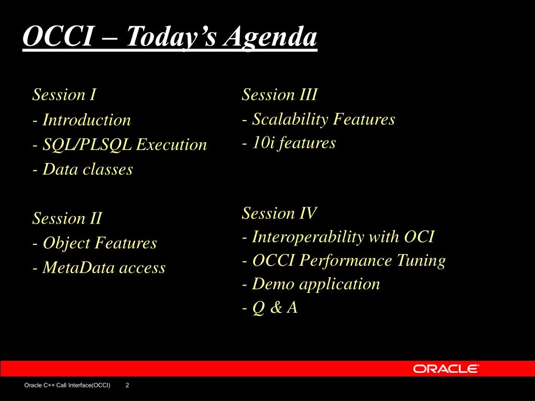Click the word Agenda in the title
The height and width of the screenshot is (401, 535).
pyautogui.click(x=270, y=38)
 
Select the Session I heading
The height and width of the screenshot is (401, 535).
pyautogui.click(x=64, y=95)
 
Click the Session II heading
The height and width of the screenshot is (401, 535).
pyautogui.click(x=67, y=218)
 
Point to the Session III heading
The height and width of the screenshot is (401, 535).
pyautogui.click(x=280, y=95)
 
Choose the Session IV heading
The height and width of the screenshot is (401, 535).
pyautogui.click(x=279, y=213)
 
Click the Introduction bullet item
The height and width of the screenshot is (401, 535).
pyautogui.click(x=82, y=120)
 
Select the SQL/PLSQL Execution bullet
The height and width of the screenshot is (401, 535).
pyautogui.click(x=120, y=145)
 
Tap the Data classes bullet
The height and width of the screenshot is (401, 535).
pyautogui.click(x=83, y=169)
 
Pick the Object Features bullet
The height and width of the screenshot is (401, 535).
pyautogui.click(x=95, y=243)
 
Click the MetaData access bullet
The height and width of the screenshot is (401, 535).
pyautogui.click(x=99, y=268)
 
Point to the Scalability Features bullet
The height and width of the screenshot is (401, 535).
pyautogui.click(x=318, y=120)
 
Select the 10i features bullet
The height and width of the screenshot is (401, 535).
pyautogui.click(x=288, y=143)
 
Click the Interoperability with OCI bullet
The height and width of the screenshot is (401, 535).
pyautogui.click(x=338, y=237)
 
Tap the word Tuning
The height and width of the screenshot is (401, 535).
pyautogui.click(x=421, y=261)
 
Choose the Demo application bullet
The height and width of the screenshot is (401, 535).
pyautogui.click(x=311, y=284)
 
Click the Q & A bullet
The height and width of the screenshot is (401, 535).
pyautogui.click(x=270, y=308)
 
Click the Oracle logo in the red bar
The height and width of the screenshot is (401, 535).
pyautogui.click(x=446, y=369)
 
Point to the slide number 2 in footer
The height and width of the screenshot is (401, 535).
pyautogui.click(x=127, y=385)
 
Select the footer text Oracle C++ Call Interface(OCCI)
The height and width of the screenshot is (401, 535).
pyautogui.click(x=67, y=385)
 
